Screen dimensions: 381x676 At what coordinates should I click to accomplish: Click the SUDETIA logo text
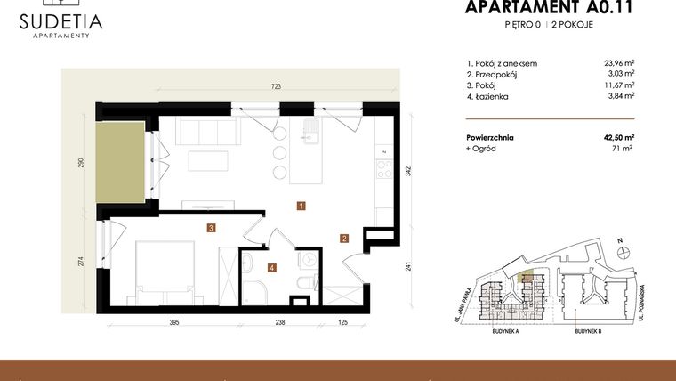pos(60,20)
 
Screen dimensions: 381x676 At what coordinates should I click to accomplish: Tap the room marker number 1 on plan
pos(302,206)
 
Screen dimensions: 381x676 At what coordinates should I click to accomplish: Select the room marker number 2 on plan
pos(344,238)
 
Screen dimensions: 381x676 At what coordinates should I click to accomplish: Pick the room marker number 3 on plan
pos(211,228)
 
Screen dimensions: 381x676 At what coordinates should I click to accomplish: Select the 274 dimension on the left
pos(80,261)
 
